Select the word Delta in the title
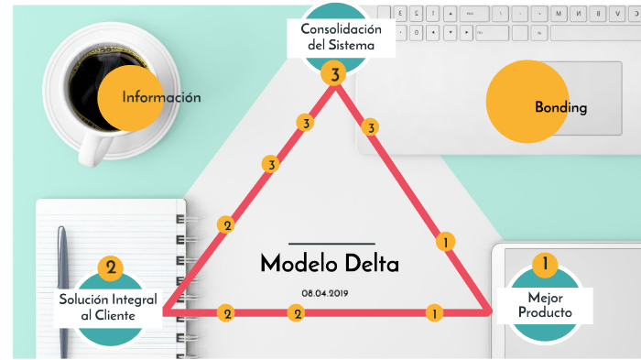(371, 264)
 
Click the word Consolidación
(341, 27)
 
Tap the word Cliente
(116, 315)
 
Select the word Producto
(545, 313)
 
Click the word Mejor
(545, 298)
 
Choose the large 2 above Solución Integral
(110, 267)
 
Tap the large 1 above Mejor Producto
(545, 265)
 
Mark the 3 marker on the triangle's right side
(371, 127)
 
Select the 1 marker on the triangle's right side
(445, 242)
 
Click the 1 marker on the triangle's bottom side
(433, 313)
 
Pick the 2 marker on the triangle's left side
(226, 224)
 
